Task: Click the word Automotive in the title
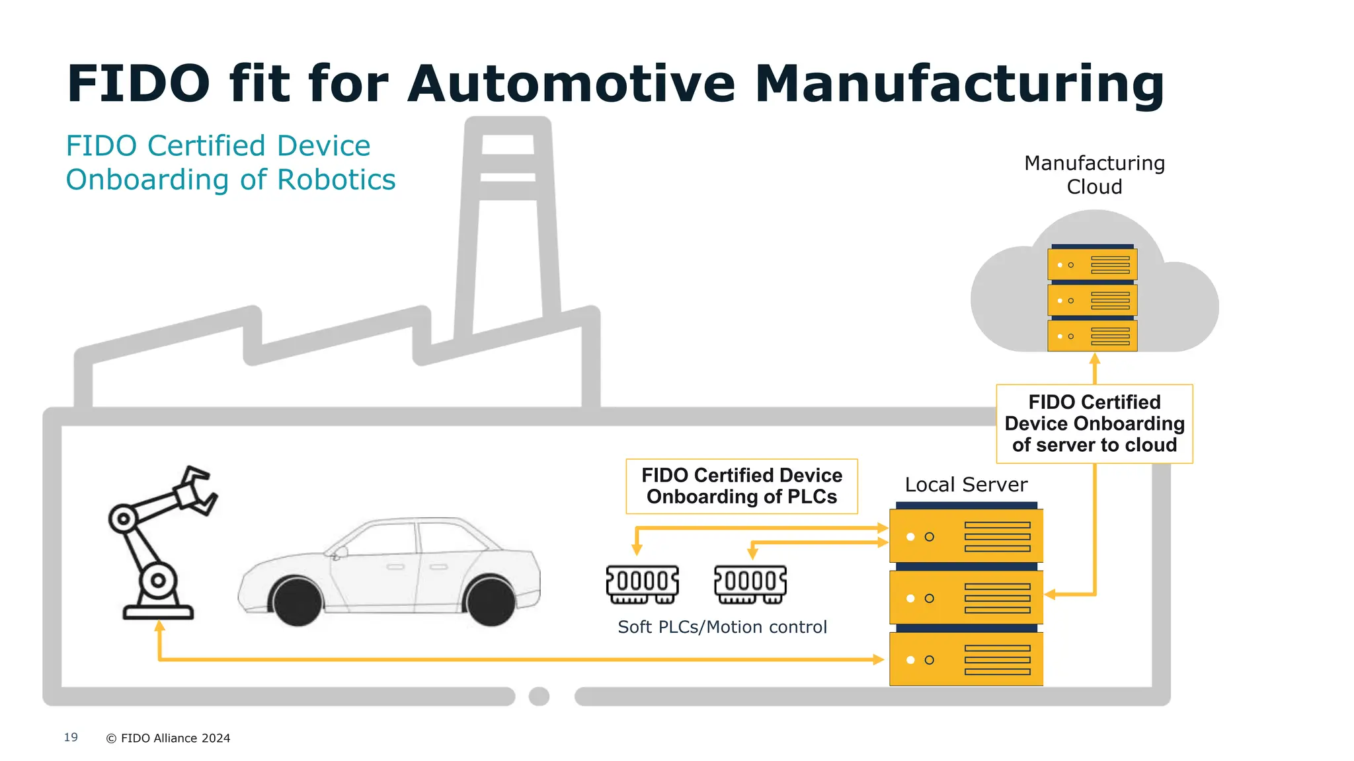coord(571,84)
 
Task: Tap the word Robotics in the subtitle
coord(336,180)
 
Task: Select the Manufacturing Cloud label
coord(1094,175)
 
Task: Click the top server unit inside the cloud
coord(1092,264)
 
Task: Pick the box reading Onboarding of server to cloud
coord(1094,423)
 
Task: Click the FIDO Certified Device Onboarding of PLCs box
coord(741,486)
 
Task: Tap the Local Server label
coord(966,485)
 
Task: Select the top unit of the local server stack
coord(966,536)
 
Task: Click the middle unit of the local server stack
coord(966,598)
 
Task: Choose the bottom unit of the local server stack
coord(966,659)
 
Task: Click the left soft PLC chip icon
coord(643,584)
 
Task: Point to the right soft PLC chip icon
coord(750,584)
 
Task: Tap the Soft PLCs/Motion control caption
coord(722,627)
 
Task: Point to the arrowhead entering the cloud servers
coord(1094,359)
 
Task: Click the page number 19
coord(71,737)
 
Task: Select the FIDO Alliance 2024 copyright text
coord(169,738)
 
